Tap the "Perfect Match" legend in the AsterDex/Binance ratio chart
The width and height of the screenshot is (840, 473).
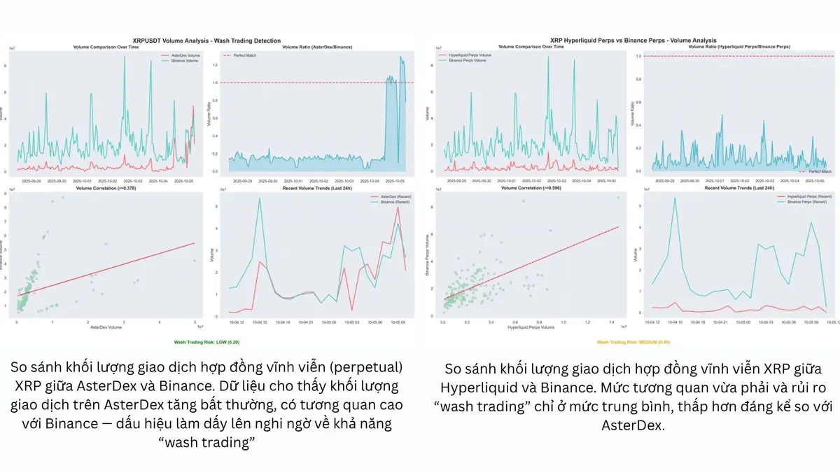pyautogui.click(x=241, y=55)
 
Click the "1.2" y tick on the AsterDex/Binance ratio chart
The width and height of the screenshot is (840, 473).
pyautogui.click(x=213, y=64)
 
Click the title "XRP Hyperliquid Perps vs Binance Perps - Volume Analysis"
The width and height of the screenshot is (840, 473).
pyautogui.click(x=634, y=41)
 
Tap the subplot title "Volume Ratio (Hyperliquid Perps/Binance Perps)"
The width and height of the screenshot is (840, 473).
pyautogui.click(x=736, y=47)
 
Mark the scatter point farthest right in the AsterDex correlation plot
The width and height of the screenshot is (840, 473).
pyautogui.click(x=194, y=261)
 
